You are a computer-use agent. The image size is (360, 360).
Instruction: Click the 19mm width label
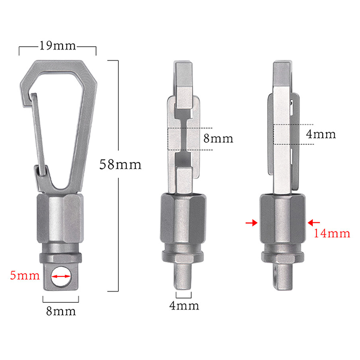[58, 46]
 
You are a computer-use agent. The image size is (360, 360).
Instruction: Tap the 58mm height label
[120, 164]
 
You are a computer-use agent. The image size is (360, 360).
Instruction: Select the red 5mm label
[25, 275]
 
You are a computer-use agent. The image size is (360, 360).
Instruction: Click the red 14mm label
[332, 233]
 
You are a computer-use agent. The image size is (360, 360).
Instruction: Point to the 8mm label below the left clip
[61, 311]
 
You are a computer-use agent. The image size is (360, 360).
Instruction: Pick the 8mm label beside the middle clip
[218, 139]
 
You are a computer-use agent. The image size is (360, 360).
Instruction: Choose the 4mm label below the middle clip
[184, 306]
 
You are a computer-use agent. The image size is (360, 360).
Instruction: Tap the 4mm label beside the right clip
[321, 134]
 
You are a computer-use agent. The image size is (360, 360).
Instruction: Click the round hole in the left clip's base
[61, 276]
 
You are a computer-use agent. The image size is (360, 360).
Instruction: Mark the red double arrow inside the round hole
[61, 276]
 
